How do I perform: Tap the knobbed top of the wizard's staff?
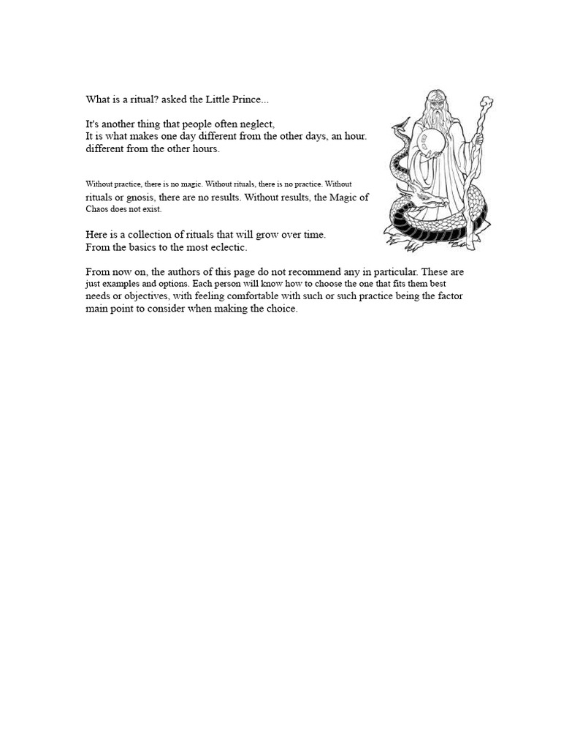click(485, 102)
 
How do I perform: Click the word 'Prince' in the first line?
click(238, 99)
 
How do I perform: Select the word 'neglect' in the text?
click(256, 124)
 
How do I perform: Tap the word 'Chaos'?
click(97, 209)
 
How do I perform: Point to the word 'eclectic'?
click(228, 247)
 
